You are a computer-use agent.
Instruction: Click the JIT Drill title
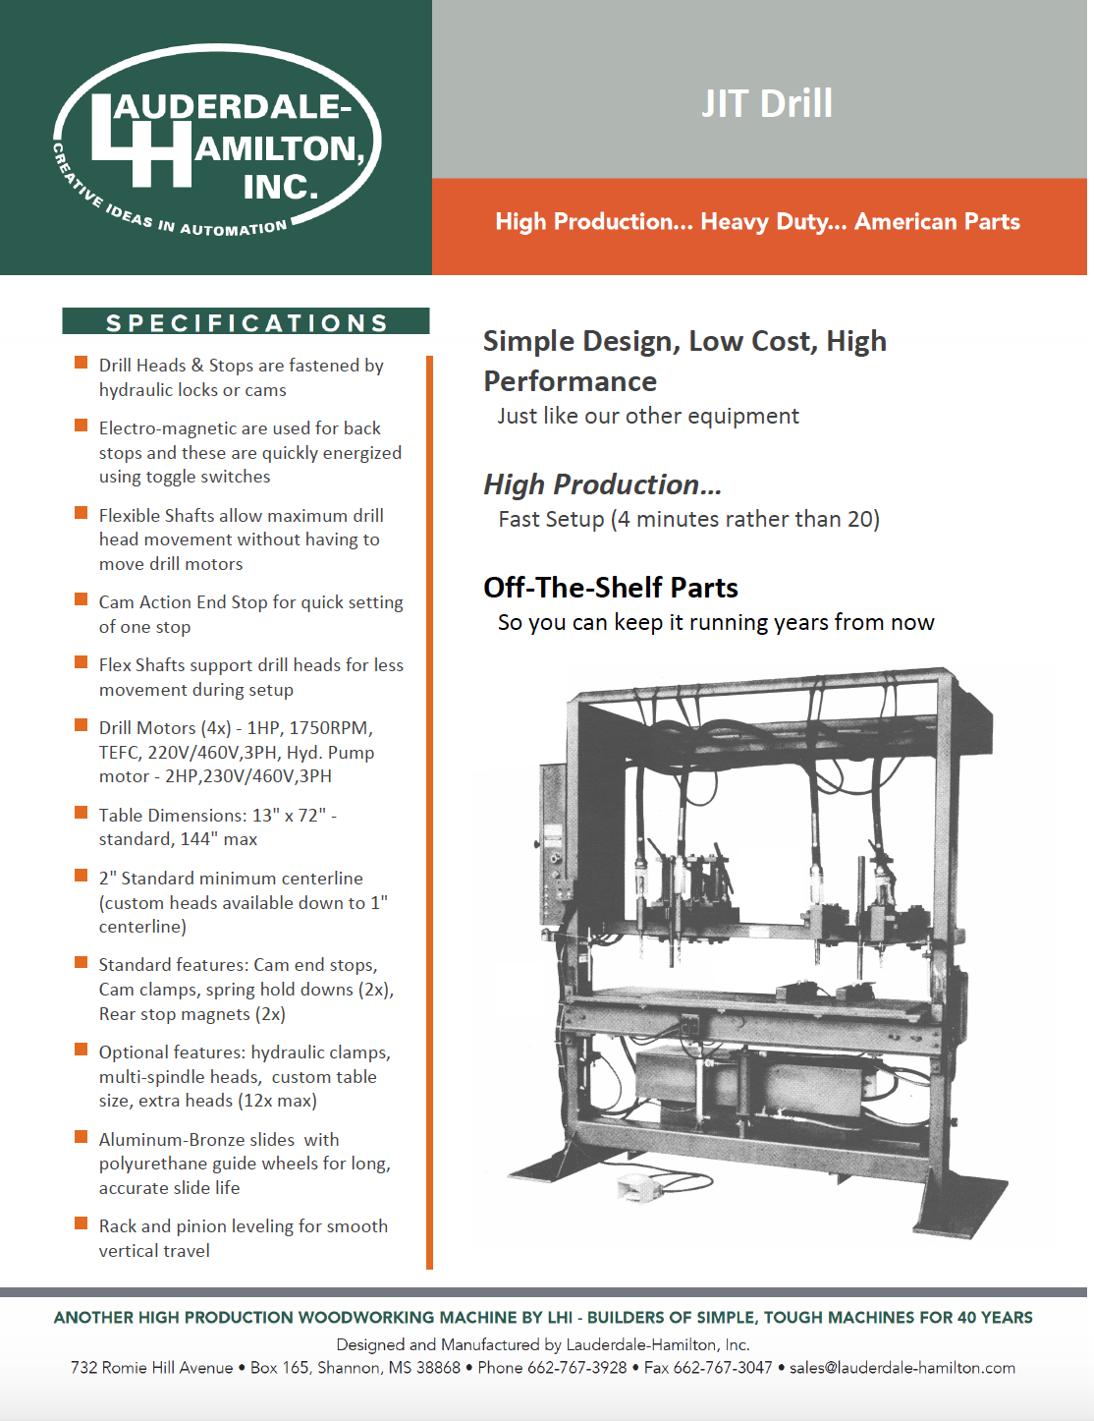(766, 103)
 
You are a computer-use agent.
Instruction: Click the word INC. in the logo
(281, 186)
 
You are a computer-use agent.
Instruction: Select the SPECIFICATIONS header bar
(246, 322)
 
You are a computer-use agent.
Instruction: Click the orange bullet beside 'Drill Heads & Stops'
(82, 364)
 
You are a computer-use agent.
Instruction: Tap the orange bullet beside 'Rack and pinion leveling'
(82, 1223)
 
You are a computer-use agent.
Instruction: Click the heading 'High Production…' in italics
(602, 484)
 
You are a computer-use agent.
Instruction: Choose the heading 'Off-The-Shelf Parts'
(610, 588)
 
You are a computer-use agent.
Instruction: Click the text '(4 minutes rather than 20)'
(744, 519)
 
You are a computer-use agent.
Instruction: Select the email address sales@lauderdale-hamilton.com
(902, 1368)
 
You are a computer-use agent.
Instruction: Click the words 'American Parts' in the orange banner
(937, 222)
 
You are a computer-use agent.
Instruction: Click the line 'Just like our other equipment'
(648, 416)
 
